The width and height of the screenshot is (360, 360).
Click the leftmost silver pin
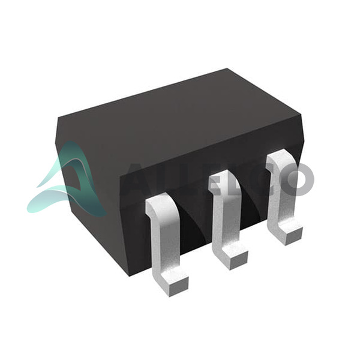(166, 244)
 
